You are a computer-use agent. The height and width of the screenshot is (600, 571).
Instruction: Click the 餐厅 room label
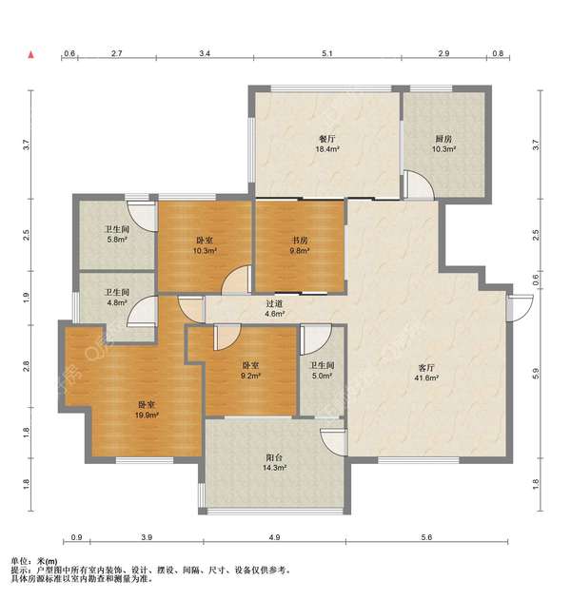(326, 139)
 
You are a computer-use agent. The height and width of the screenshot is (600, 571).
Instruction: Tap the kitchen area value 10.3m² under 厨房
(443, 149)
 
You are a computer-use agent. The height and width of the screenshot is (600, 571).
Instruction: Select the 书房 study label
(300, 241)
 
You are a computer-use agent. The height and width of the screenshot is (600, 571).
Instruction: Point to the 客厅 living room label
(425, 368)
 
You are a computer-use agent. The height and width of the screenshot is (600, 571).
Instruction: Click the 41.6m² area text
(425, 378)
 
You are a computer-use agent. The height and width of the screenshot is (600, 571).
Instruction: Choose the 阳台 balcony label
(274, 457)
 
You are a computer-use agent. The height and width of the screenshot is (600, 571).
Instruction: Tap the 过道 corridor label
(274, 304)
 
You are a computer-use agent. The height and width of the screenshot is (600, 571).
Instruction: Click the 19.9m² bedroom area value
(147, 415)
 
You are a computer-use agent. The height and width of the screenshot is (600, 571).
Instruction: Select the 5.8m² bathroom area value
(117, 240)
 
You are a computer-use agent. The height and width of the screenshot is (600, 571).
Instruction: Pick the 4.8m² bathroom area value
(117, 302)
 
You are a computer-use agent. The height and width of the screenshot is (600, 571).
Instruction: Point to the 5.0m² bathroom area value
(322, 376)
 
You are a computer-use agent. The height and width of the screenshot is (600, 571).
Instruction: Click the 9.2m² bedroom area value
(250, 376)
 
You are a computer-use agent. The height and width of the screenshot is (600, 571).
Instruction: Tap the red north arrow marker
(31, 55)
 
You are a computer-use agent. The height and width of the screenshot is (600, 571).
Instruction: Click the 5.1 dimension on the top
(327, 53)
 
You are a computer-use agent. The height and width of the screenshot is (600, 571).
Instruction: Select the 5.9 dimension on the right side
(536, 374)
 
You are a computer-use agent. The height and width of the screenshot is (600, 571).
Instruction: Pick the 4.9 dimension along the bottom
(274, 537)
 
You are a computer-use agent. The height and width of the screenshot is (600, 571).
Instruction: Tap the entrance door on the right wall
(520, 308)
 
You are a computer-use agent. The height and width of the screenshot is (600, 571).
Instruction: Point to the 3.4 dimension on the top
(205, 53)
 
